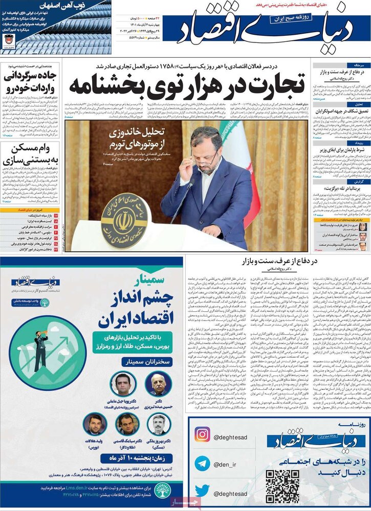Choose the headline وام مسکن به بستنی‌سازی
point(31,155)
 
